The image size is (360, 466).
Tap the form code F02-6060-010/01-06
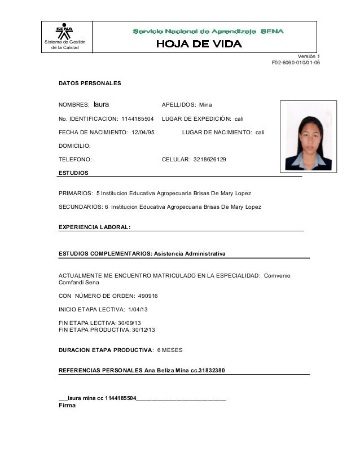point(296,63)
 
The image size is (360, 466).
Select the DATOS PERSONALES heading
point(90,83)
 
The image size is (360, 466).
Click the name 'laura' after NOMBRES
point(101,104)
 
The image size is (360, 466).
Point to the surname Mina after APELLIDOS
point(206,105)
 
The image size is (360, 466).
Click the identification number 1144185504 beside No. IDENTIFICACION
point(138,119)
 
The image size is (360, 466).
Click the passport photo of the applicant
point(308,136)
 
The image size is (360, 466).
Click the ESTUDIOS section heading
point(73,172)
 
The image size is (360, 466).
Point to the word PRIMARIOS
point(76,194)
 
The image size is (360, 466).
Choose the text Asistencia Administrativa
point(190,254)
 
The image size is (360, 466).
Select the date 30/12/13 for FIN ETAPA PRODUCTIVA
point(143,330)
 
